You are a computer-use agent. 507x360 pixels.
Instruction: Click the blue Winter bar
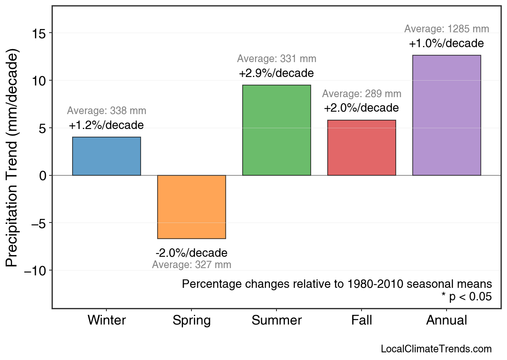point(106,156)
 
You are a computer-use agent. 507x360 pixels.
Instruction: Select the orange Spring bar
point(191,207)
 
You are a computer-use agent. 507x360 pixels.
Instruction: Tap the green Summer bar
point(276,130)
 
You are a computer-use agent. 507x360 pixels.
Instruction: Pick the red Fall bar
point(362,148)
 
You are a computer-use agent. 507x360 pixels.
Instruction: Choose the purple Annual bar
point(447,115)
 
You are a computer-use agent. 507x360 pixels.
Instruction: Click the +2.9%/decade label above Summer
point(276,74)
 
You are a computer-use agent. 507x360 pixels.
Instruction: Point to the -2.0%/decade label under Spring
point(191,253)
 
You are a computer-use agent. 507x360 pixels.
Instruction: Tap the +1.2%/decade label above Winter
point(106,125)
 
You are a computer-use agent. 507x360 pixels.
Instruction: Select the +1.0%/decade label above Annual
point(446,44)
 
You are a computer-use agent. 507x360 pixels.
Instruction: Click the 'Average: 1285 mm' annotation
point(447,29)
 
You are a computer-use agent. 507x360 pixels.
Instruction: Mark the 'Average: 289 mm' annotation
point(362,94)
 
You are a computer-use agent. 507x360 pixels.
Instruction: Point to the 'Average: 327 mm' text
point(191,265)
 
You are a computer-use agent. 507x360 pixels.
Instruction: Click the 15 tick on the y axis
point(39,33)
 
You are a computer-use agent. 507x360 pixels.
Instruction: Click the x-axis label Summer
point(276,320)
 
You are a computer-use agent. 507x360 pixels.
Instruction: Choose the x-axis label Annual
point(447,320)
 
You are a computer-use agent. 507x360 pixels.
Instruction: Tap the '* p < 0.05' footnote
point(466,297)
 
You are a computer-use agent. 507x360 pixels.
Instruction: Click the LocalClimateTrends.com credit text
point(436,349)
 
